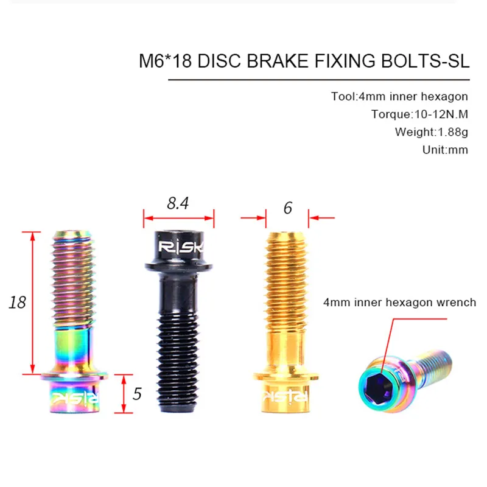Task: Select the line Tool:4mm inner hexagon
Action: point(399,96)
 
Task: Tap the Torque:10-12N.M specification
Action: point(419,114)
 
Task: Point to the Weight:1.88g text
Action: point(431,131)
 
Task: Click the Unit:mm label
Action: point(445,149)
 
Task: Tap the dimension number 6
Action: point(288,208)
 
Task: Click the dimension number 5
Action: point(137,394)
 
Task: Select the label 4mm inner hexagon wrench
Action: point(400,302)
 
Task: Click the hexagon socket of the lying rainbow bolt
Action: point(376,382)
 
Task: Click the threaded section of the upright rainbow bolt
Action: point(75,274)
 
